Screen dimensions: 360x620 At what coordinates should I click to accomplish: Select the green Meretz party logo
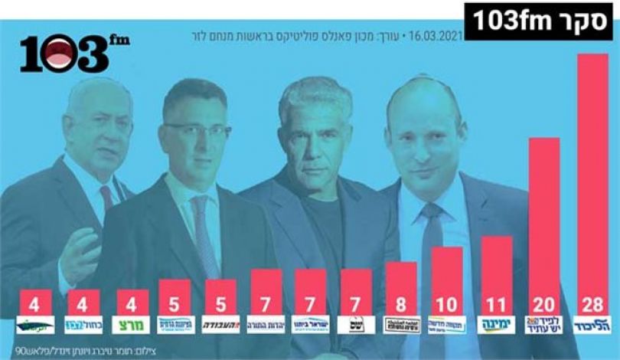point(131,325)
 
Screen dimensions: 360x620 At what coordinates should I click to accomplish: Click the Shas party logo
point(356,325)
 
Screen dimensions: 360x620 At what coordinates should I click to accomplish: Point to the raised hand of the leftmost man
point(80,257)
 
